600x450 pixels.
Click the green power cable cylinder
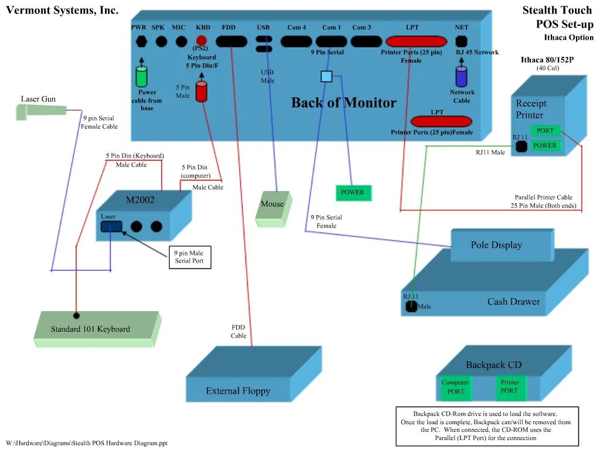pyautogui.click(x=141, y=76)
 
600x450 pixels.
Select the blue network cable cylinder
pyautogui.click(x=462, y=76)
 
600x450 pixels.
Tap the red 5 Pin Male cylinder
pyautogui.click(x=202, y=91)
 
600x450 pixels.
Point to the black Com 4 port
pyautogui.click(x=296, y=42)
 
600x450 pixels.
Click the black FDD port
pyautogui.click(x=231, y=42)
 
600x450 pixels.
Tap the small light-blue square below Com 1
pyautogui.click(x=326, y=76)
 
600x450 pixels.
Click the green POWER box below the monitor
pyautogui.click(x=352, y=192)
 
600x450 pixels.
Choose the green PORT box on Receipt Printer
pyautogui.click(x=545, y=131)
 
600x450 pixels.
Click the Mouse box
pyautogui.click(x=272, y=204)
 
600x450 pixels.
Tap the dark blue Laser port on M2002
pyautogui.click(x=111, y=226)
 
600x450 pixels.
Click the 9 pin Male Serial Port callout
pyautogui.click(x=189, y=257)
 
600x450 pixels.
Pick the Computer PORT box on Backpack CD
pyautogui.click(x=455, y=387)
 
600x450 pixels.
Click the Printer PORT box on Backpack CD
pyautogui.click(x=509, y=387)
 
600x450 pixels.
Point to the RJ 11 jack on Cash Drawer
pyautogui.click(x=411, y=306)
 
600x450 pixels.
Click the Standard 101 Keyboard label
pyautogui.click(x=90, y=329)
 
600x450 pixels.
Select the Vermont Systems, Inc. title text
pyautogui.click(x=62, y=10)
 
